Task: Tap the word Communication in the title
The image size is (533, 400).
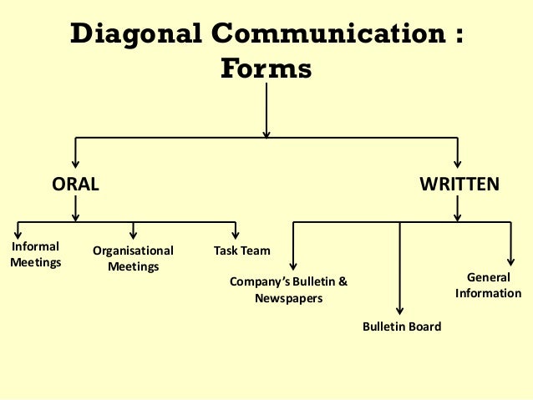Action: (313, 37)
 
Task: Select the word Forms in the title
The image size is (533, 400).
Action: (266, 70)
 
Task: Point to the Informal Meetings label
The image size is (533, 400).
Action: (35, 255)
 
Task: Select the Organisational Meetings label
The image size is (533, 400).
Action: (133, 259)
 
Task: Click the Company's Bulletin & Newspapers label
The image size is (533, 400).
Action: (288, 290)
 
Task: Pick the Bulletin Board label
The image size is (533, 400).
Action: (402, 327)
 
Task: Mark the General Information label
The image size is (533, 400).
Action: (488, 285)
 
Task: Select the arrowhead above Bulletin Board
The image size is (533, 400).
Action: (402, 310)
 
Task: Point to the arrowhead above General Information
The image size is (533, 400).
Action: (509, 261)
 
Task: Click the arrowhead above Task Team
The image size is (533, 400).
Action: (236, 235)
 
